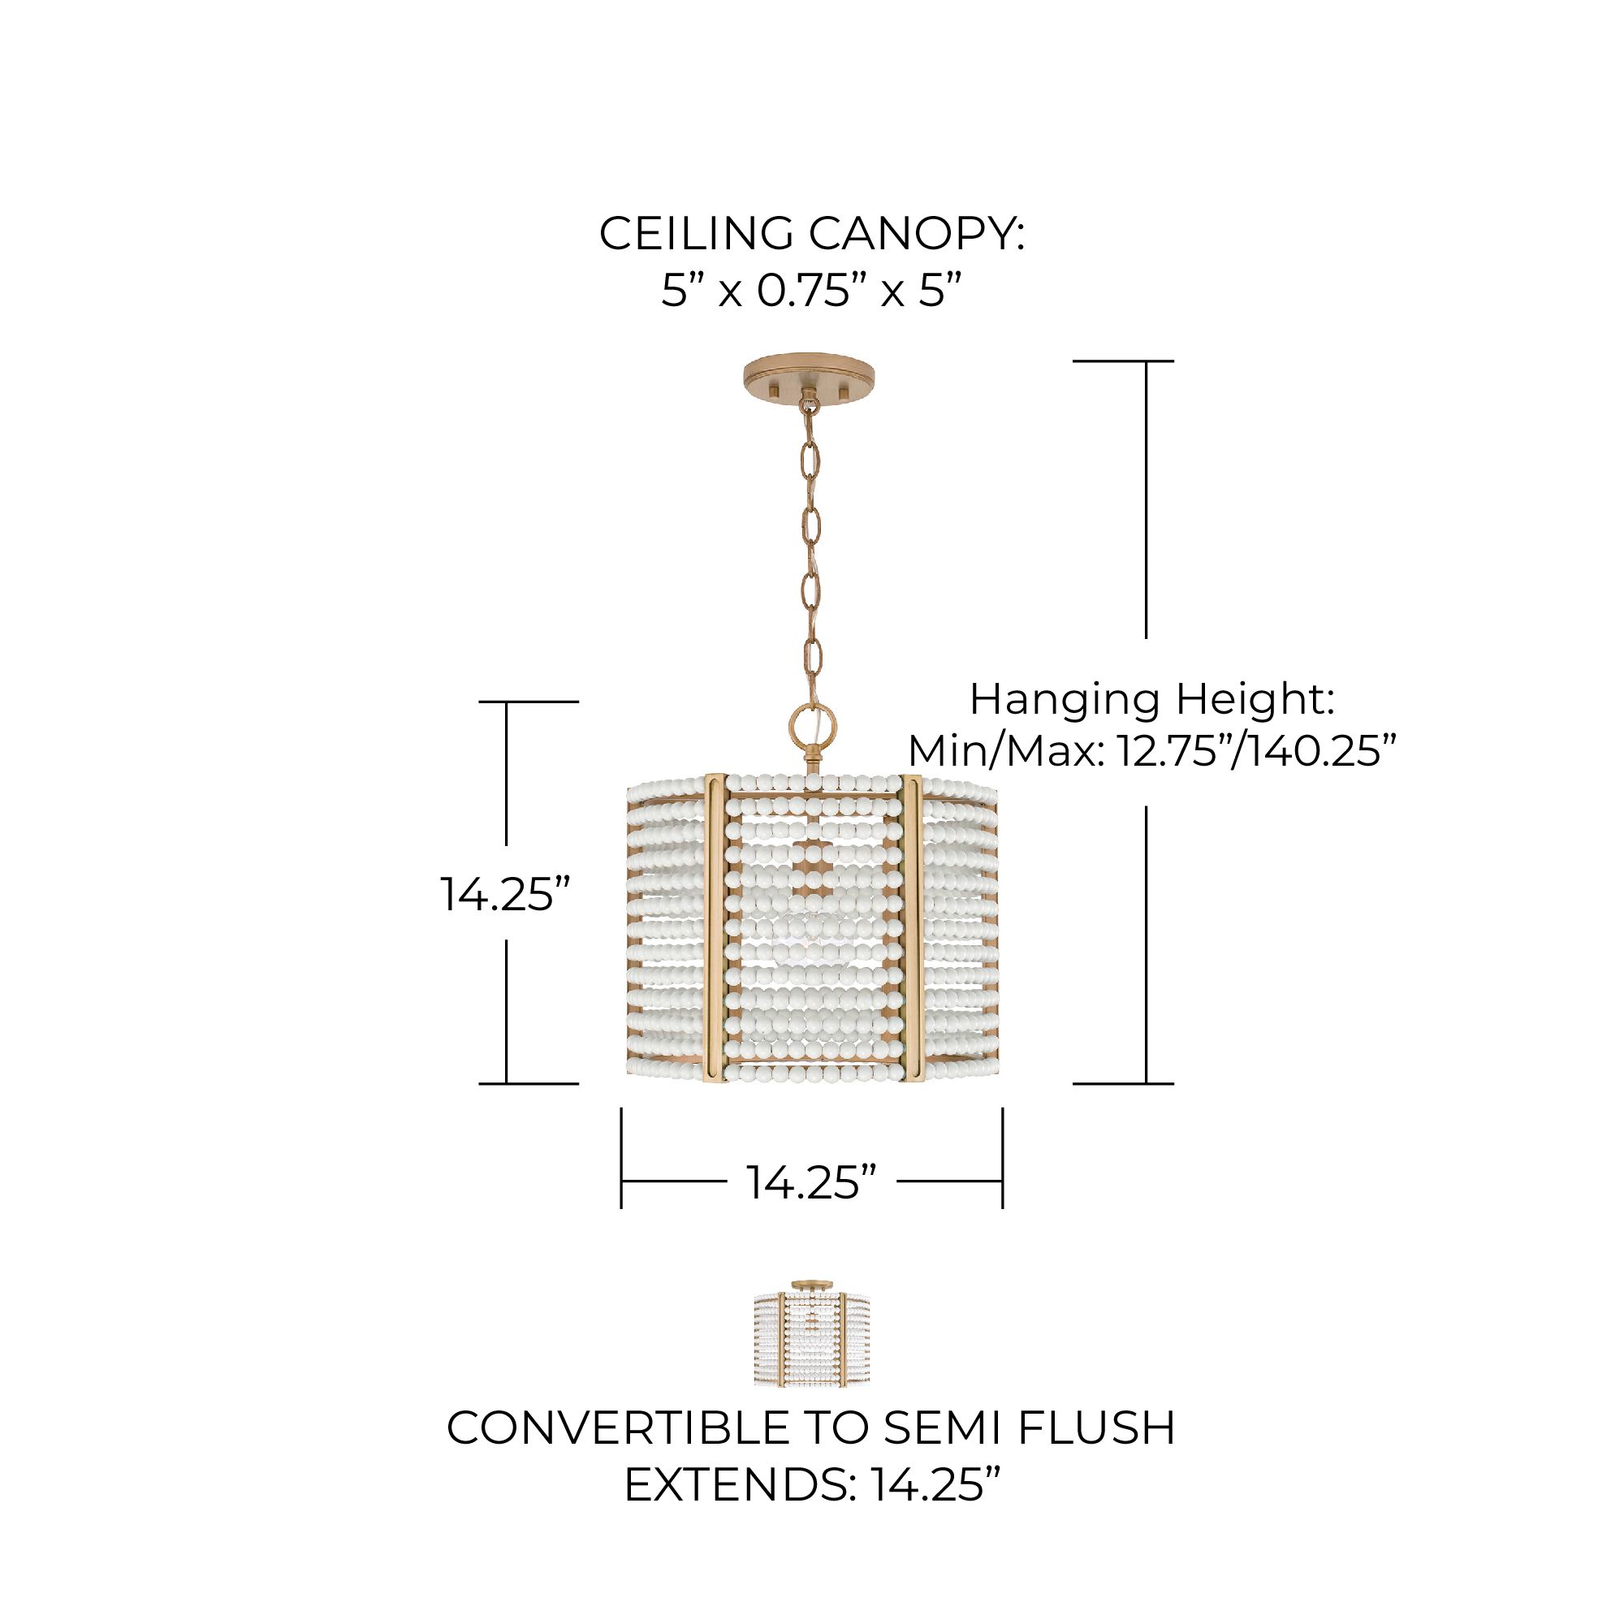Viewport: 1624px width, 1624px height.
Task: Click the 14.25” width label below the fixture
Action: pyautogui.click(x=812, y=1181)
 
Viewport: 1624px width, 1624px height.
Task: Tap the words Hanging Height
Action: pyautogui.click(x=1151, y=699)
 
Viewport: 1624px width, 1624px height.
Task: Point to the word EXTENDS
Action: pyautogui.click(x=736, y=1485)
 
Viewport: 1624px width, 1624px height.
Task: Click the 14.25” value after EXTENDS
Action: pyautogui.click(x=935, y=1485)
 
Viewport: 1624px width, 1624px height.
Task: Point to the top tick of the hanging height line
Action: pyautogui.click(x=1123, y=361)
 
